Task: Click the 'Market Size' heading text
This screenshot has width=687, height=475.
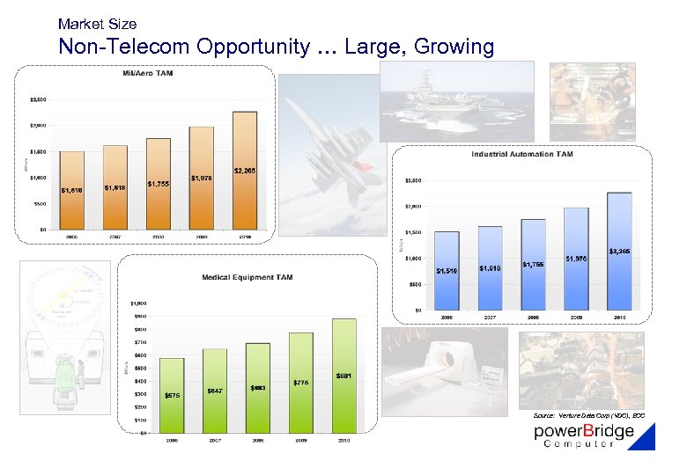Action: tap(97, 23)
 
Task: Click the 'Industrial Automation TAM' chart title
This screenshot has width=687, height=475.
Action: tap(521, 154)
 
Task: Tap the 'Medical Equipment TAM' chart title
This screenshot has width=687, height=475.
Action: tap(247, 277)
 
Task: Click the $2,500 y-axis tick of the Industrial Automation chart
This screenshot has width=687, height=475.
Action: tap(412, 180)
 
